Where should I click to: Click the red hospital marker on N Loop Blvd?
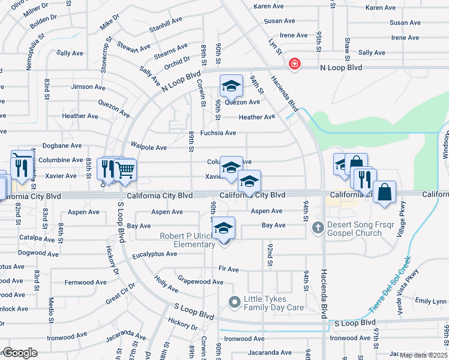pos(294,64)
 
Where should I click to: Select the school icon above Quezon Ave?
pos(231,87)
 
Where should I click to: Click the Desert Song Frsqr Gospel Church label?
pos(354,229)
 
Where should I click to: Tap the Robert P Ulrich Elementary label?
pos(188,240)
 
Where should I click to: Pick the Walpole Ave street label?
pos(149,147)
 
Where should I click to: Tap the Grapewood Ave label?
pos(201,281)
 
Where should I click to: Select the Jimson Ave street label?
pos(88,87)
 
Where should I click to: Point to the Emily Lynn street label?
pos(431,301)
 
